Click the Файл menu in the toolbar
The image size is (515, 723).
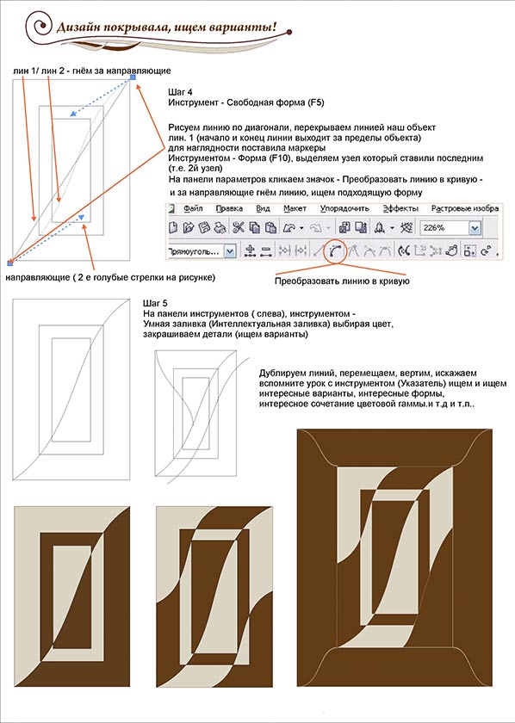193,209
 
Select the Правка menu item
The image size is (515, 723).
226,209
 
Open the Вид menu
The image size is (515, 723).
263,209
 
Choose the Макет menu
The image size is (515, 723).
295,209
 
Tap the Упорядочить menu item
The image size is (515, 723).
344,209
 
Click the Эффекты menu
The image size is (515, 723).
400,209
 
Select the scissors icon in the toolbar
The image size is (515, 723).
238,228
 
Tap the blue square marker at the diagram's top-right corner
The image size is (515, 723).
133,77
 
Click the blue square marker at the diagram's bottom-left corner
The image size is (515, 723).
10,263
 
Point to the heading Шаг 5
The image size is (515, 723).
152,303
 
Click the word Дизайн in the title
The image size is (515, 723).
77,28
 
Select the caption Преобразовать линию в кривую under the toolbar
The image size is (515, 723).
342,281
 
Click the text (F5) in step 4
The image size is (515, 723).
316,102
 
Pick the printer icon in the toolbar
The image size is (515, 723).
220,228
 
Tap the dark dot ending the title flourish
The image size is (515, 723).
289,32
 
